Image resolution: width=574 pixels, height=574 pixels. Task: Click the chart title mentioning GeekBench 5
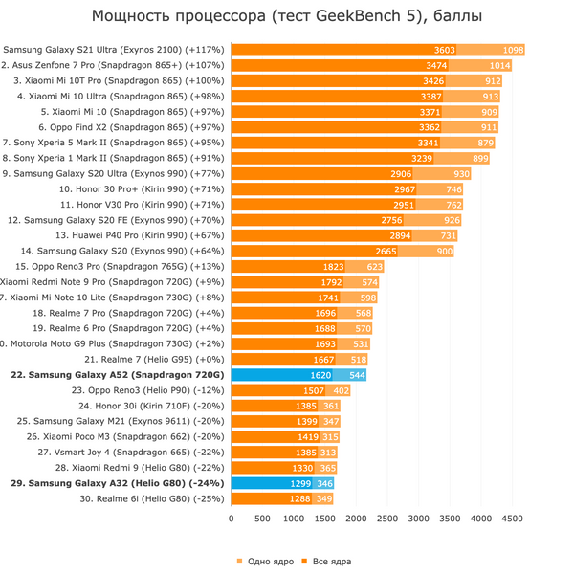pyautogui.click(x=287, y=16)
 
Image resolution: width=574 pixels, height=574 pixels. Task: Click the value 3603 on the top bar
pyautogui.click(x=445, y=50)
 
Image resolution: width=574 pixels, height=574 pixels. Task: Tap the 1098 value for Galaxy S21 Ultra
pyautogui.click(x=514, y=50)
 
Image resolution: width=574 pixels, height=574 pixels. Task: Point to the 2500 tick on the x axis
pyautogui.click(x=387, y=519)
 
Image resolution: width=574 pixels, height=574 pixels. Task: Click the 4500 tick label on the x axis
pyautogui.click(x=512, y=519)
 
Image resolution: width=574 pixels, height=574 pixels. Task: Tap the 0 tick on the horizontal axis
pyautogui.click(x=231, y=519)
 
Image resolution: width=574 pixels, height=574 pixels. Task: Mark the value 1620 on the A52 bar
pyautogui.click(x=321, y=375)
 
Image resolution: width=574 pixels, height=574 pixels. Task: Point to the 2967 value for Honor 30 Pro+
pyautogui.click(x=405, y=189)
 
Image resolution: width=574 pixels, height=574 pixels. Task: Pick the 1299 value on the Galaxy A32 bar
pyautogui.click(x=301, y=483)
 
